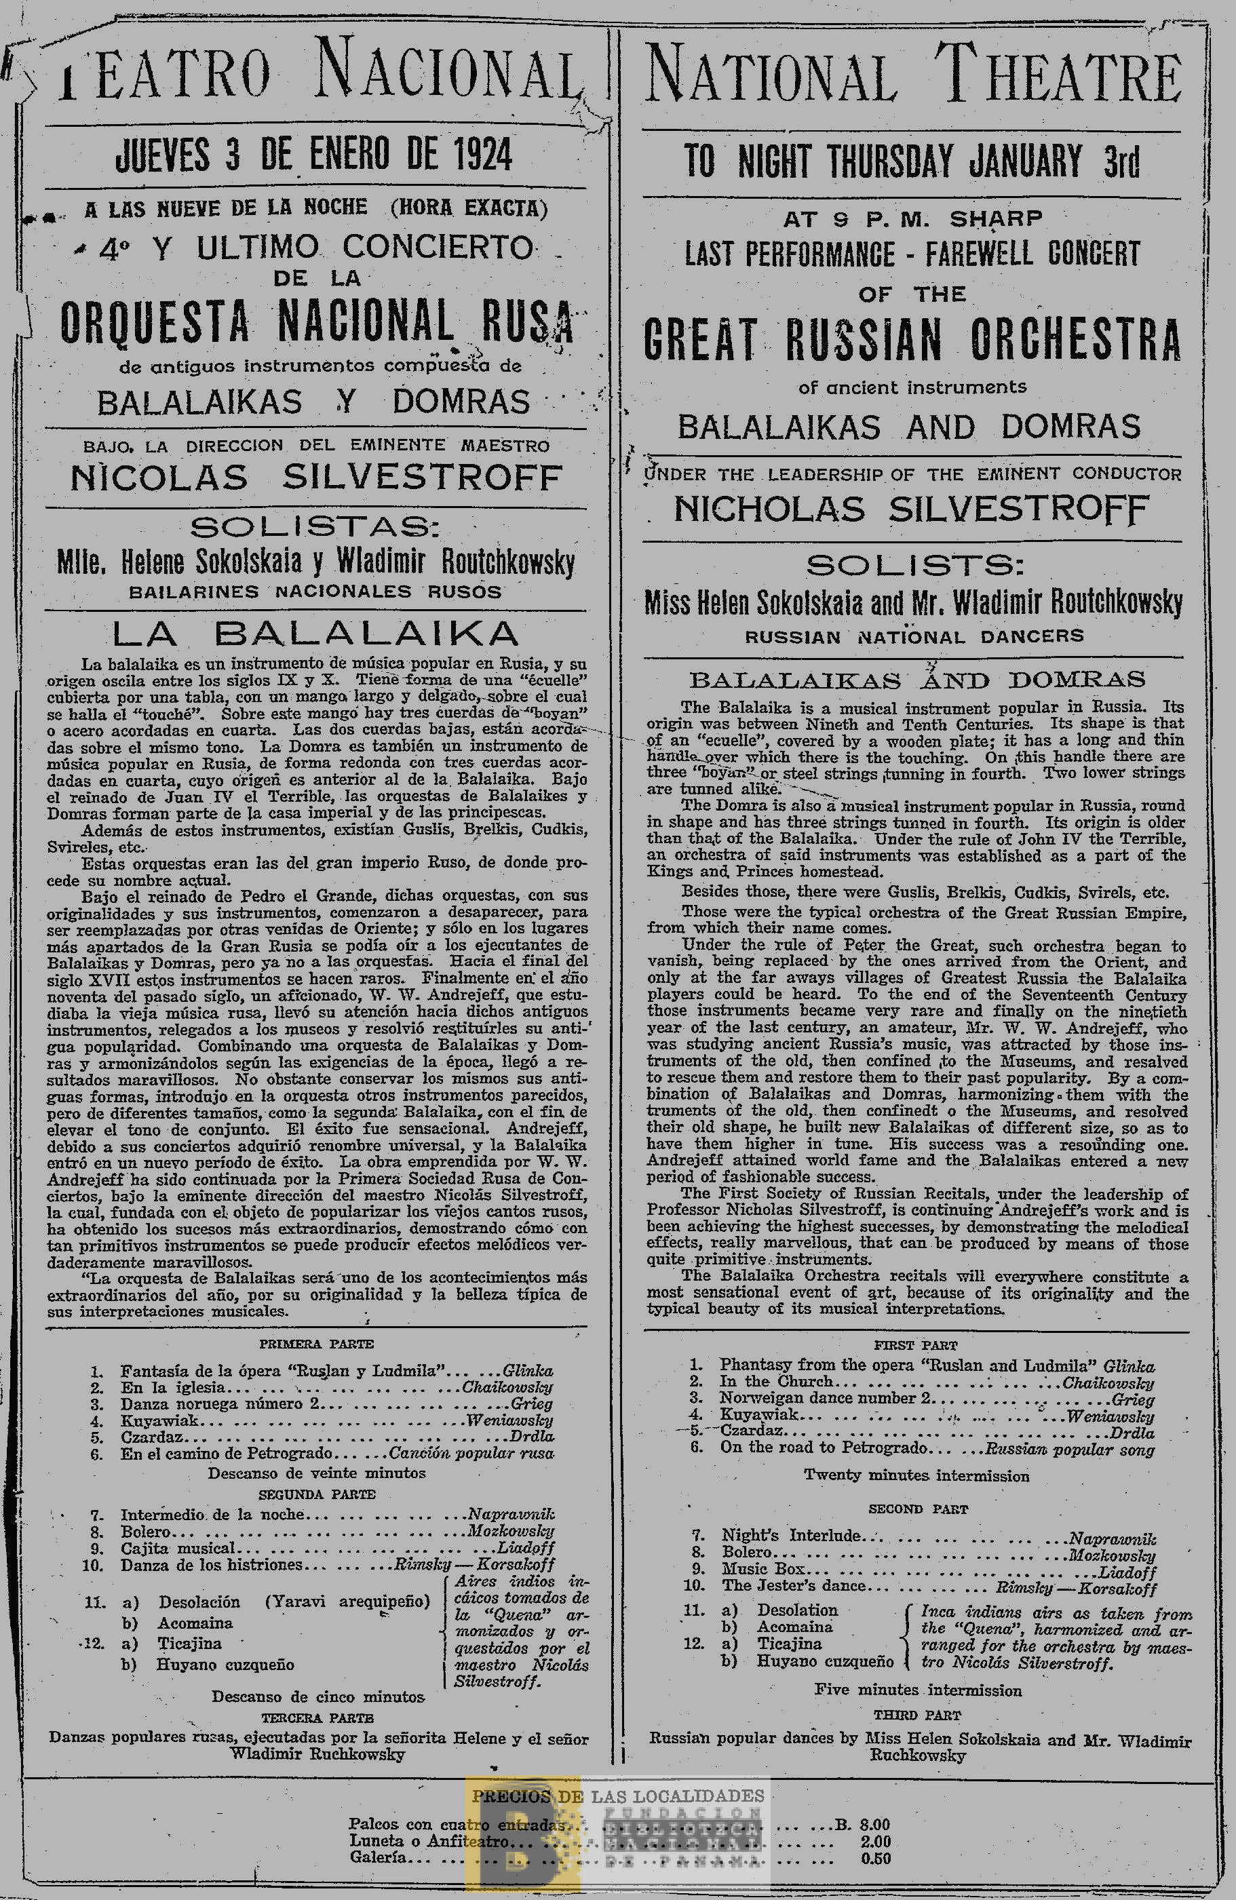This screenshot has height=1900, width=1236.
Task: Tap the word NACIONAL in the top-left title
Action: (x=447, y=77)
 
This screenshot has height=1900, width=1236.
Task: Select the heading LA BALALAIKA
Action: (x=315, y=633)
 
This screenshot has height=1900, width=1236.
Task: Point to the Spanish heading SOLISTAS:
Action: (x=315, y=528)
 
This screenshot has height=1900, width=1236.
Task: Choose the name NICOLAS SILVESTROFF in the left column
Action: (x=316, y=478)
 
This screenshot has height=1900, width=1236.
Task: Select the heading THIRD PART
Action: (x=917, y=1715)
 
